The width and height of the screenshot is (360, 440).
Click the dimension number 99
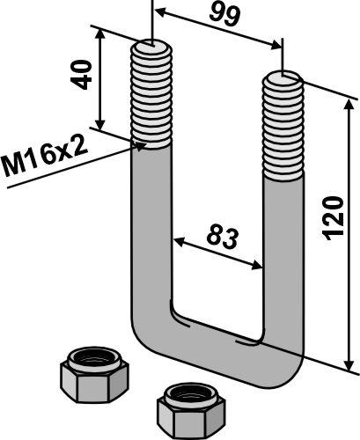point(224,15)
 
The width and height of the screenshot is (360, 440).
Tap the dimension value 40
point(80,75)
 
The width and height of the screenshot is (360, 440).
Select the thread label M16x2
point(45,157)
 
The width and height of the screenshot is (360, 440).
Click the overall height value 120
point(333,218)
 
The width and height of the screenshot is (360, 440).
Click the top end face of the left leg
point(151,47)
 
